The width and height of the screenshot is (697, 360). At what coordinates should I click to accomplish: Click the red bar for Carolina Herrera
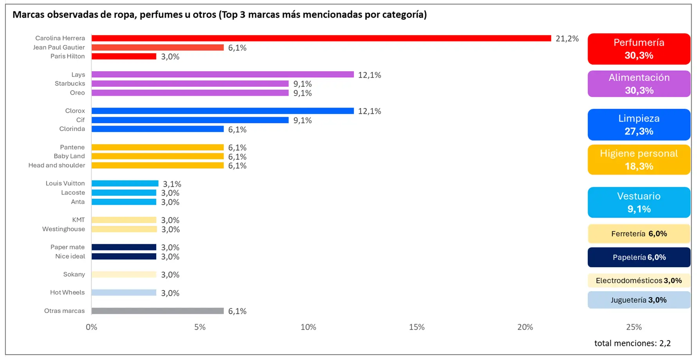click(321, 38)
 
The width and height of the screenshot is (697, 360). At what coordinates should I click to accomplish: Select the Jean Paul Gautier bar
click(157, 47)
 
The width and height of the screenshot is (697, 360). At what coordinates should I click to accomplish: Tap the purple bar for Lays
click(222, 74)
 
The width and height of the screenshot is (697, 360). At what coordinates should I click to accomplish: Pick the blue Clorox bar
click(222, 111)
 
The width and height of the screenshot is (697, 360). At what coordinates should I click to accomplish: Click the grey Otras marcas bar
click(157, 311)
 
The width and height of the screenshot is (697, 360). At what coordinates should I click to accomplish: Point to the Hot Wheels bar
click(124, 292)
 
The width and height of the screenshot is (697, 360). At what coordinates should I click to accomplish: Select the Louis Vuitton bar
click(125, 183)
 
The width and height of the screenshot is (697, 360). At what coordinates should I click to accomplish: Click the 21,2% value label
click(567, 38)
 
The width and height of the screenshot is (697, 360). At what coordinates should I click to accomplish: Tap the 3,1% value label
click(172, 184)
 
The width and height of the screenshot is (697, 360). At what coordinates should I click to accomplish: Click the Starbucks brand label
click(70, 83)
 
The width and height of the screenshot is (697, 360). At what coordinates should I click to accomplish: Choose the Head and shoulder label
click(57, 165)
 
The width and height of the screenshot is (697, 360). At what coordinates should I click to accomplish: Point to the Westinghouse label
click(63, 229)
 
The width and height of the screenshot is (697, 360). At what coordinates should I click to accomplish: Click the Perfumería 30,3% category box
click(639, 49)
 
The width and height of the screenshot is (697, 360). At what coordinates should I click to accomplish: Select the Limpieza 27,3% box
click(639, 124)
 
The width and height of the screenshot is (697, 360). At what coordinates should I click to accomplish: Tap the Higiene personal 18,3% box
click(639, 160)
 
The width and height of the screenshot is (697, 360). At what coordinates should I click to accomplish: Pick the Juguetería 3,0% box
click(639, 300)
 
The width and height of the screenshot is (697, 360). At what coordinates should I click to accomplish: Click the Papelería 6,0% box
click(639, 257)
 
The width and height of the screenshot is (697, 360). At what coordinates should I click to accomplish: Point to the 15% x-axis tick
click(417, 327)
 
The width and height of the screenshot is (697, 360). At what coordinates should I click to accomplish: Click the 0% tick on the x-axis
click(91, 327)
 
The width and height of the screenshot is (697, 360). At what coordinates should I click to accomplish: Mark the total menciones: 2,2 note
click(632, 343)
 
